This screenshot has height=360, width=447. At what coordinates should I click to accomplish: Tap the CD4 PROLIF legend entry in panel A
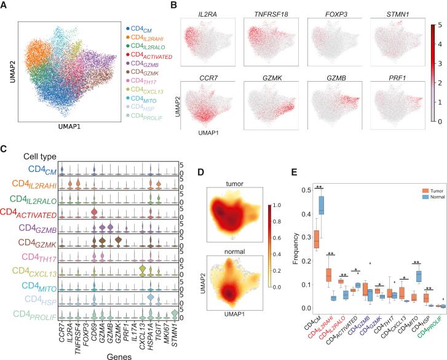coord(148,115)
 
